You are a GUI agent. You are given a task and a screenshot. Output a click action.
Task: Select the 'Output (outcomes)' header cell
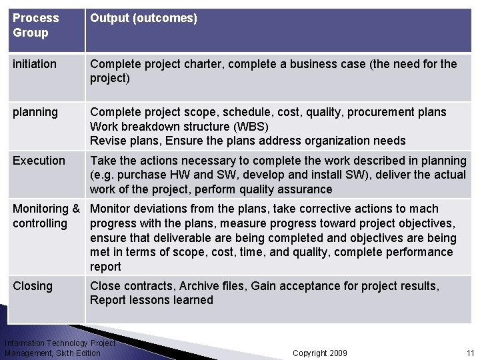pyautogui.click(x=143, y=18)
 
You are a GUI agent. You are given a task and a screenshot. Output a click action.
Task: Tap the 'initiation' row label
pyautogui.click(x=35, y=64)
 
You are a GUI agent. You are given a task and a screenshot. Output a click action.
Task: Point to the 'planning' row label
pyautogui.click(x=35, y=112)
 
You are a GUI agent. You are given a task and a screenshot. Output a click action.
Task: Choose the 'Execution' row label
pyautogui.click(x=39, y=161)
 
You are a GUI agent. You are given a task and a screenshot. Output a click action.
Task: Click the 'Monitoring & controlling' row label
pyautogui.click(x=45, y=216)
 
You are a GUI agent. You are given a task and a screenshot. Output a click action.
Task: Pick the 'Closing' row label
pyautogui.click(x=33, y=286)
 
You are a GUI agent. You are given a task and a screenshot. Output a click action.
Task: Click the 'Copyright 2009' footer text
pyautogui.click(x=320, y=353)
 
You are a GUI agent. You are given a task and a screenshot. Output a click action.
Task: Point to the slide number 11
pyautogui.click(x=470, y=353)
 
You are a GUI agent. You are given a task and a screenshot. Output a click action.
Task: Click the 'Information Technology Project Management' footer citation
pyautogui.click(x=59, y=348)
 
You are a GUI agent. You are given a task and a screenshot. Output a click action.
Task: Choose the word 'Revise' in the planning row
pyautogui.click(x=107, y=141)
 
